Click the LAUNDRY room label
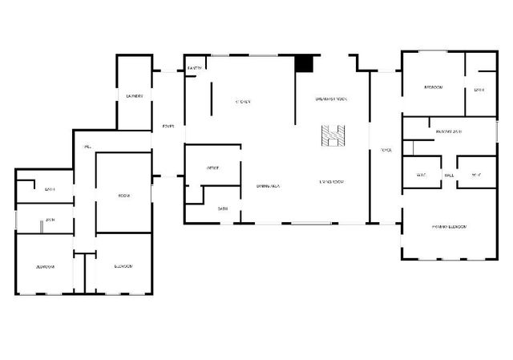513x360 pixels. [135, 96]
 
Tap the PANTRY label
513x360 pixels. [194, 69]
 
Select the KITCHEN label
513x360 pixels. [243, 102]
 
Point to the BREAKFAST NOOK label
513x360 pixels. [330, 98]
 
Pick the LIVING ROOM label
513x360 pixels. [331, 182]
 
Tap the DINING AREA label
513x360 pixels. [268, 185]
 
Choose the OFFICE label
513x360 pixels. [213, 168]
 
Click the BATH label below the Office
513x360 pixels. [223, 208]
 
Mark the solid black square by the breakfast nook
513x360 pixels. [304, 63]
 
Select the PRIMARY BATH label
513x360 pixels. [449, 131]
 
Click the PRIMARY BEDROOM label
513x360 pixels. [449, 227]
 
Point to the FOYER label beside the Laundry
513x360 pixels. [168, 126]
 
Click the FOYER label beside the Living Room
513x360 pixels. [386, 150]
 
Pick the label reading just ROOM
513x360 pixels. [124, 196]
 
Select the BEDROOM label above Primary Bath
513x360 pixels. [433, 87]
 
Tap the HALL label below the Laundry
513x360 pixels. [86, 146]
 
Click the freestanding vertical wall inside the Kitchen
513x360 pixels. [211, 96]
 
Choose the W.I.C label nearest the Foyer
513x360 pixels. [421, 174]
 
